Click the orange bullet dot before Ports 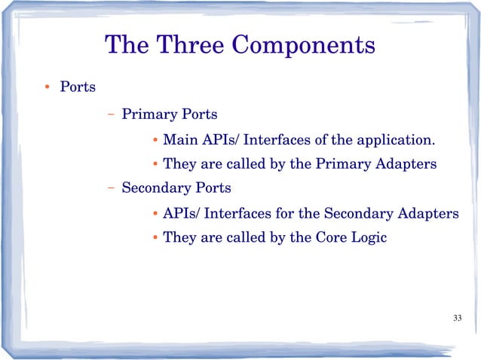click(x=46, y=87)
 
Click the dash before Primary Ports click(x=111, y=115)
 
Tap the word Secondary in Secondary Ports click(x=155, y=187)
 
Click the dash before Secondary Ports click(x=111, y=187)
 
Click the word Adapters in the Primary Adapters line click(x=407, y=163)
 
